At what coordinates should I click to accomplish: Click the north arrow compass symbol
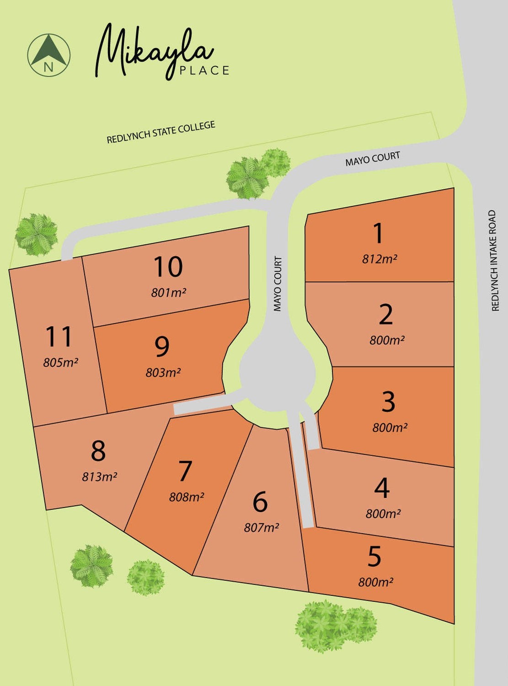49,55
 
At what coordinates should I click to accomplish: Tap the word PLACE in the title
204,70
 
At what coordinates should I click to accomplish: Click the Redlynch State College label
161,132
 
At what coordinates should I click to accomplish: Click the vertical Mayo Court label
278,284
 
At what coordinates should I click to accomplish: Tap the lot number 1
378,233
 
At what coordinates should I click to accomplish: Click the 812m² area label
380,259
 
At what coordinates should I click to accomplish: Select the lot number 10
168,267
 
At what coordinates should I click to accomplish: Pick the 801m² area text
169,293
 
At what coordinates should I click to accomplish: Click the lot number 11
59,337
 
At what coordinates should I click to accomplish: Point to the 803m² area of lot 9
163,373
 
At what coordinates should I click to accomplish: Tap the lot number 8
98,451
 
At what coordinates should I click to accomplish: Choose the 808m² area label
187,497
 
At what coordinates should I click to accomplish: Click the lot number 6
260,502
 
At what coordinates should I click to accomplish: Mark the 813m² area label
100,477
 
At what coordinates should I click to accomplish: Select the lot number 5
374,557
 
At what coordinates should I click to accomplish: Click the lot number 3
388,402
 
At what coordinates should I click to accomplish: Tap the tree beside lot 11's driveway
37,234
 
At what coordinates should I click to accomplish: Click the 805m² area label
61,363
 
